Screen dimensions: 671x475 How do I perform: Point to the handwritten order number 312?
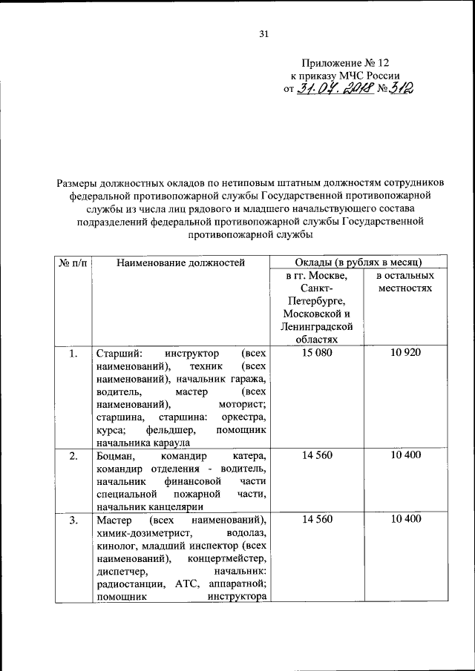[400, 88]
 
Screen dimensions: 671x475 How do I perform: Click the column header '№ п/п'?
[72, 262]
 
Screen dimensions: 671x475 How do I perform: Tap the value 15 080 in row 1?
[318, 352]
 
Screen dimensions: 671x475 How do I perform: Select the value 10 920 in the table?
[404, 352]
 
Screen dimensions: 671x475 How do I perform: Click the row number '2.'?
[73, 455]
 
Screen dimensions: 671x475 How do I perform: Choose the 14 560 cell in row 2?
[318, 455]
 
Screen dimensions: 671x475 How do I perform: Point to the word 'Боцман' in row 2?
[114, 455]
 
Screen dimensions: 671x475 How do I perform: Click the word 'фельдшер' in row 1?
[173, 430]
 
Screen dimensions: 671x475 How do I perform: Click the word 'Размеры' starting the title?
[79, 183]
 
